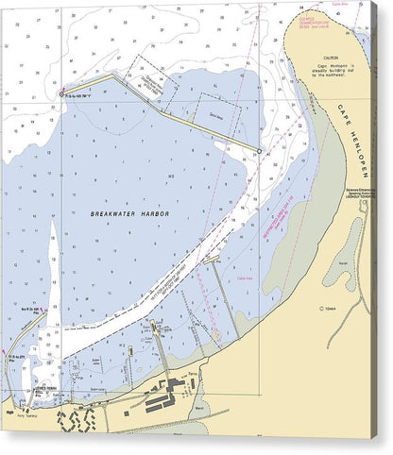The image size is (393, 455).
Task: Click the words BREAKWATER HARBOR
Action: click(129, 214)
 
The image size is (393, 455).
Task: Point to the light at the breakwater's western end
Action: click(62, 93)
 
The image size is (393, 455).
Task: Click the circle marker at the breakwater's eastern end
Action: click(259, 151)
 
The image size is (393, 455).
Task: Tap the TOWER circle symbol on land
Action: click(323, 308)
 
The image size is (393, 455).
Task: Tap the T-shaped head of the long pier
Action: click(212, 259)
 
